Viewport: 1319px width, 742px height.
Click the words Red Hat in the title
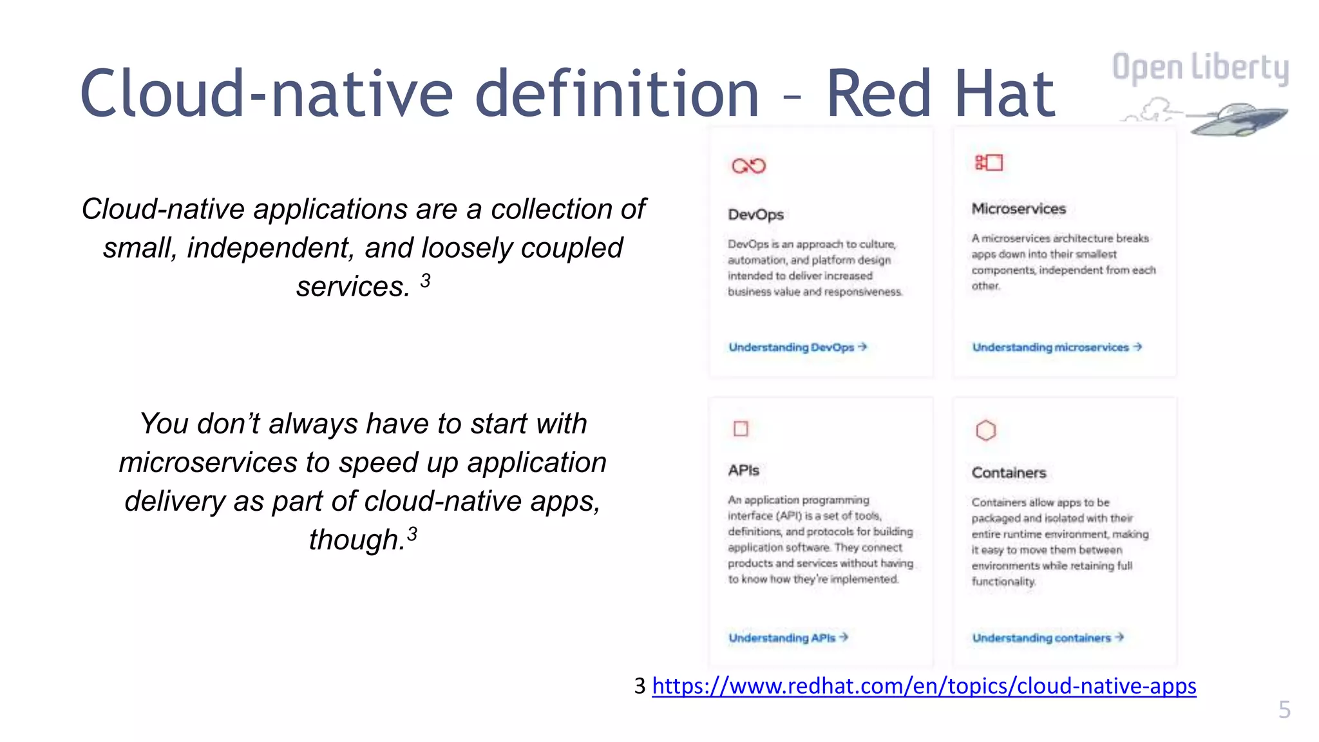(x=940, y=94)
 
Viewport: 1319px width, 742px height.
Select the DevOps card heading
(x=755, y=214)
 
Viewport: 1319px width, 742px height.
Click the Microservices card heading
(x=1018, y=209)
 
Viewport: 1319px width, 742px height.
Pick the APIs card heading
(x=743, y=470)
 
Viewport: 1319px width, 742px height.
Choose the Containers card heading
(x=1009, y=473)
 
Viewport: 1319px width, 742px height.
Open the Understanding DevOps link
(x=797, y=347)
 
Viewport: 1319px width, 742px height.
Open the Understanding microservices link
(x=1056, y=347)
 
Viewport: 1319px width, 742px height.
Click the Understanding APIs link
(x=788, y=638)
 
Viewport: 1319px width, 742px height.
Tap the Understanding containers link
(x=1047, y=638)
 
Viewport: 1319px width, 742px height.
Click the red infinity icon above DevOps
(x=748, y=166)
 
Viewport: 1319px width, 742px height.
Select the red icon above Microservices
(x=989, y=162)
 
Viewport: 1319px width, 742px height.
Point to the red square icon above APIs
(x=741, y=428)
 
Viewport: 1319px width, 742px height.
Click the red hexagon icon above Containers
(x=985, y=430)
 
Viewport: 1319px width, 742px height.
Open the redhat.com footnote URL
(x=924, y=686)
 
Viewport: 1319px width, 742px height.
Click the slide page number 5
(x=1284, y=710)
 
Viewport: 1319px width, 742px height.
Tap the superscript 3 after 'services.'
(x=425, y=280)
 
